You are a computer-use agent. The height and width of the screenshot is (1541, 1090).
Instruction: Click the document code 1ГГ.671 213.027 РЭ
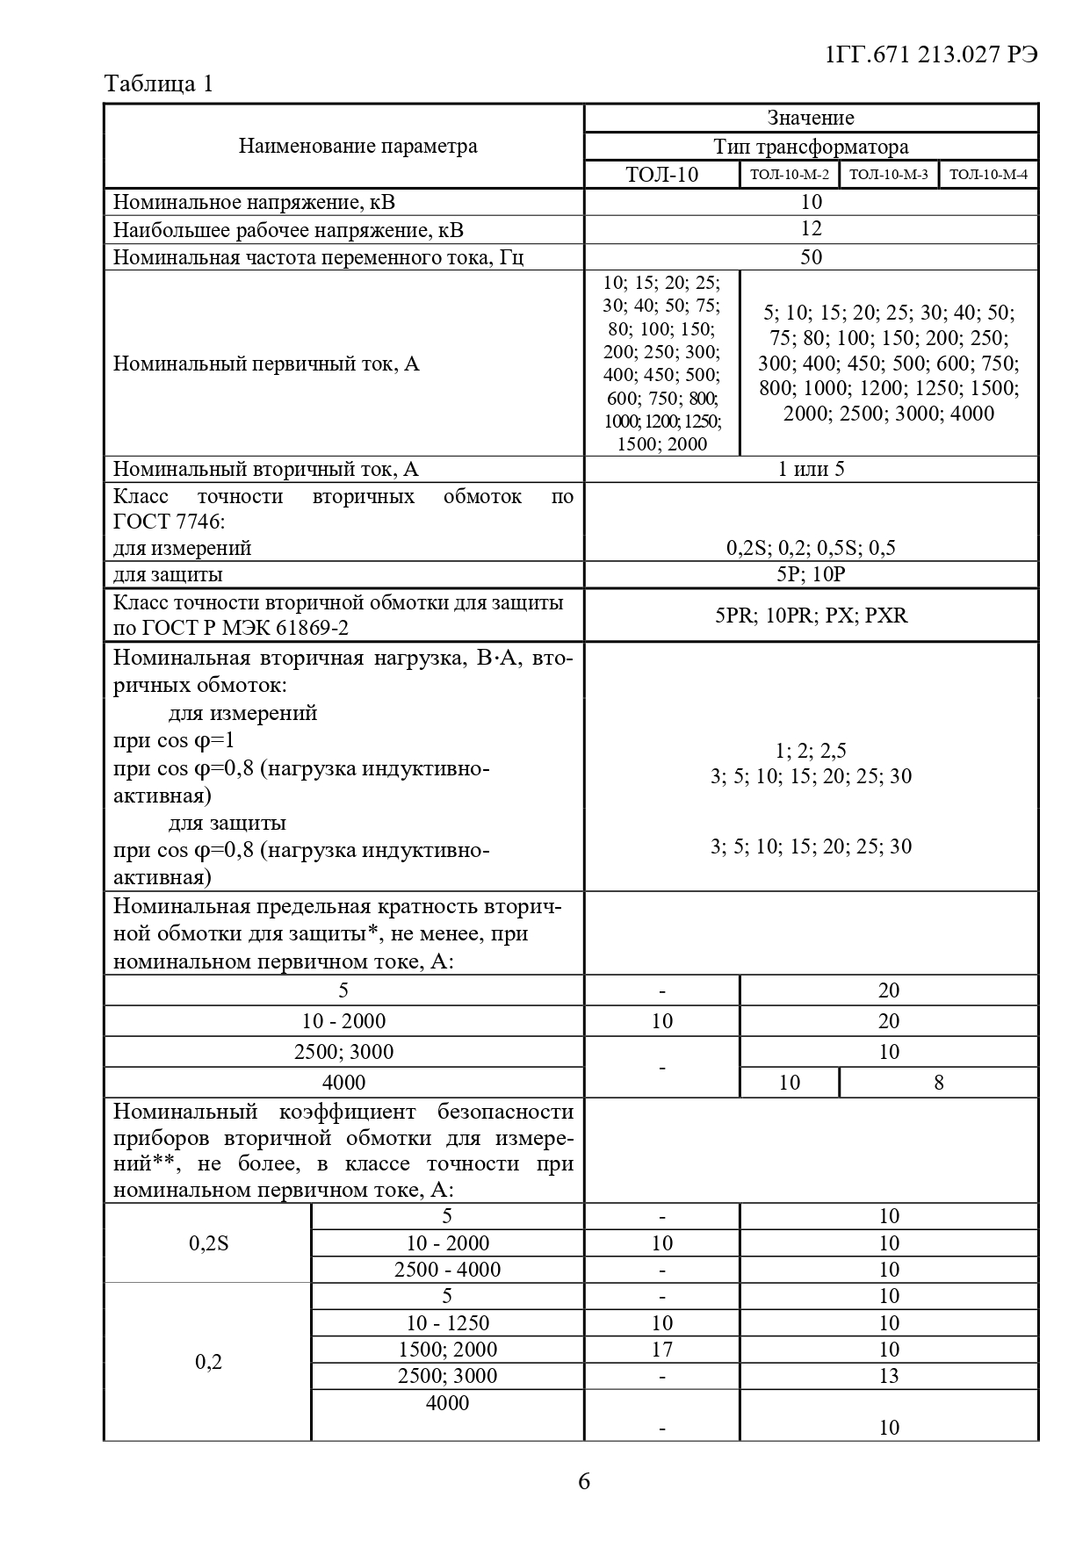[932, 54]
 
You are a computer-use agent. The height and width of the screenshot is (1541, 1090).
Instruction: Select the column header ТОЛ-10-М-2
[789, 174]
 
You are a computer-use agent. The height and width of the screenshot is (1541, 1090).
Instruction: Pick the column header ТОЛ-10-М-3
[888, 174]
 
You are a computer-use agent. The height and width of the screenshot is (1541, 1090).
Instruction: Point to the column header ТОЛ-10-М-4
[988, 174]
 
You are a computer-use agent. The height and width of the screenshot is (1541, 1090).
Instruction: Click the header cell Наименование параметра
[357, 146]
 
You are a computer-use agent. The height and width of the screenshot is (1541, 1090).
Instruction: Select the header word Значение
[810, 118]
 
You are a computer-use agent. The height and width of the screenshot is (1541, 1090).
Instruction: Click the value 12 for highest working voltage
[811, 229]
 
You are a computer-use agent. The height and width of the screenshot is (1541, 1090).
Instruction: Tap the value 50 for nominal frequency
[811, 257]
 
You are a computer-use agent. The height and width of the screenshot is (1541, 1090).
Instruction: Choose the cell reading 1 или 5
[811, 469]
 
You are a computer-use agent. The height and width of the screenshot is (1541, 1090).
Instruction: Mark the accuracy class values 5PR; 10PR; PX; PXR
[811, 615]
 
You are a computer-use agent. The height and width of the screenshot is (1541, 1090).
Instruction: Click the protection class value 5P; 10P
[811, 575]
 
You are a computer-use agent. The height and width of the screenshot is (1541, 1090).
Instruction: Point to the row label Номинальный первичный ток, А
[266, 364]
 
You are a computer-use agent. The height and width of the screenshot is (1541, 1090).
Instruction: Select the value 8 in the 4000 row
[938, 1083]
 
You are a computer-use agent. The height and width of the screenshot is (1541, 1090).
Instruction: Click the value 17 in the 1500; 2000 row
[661, 1350]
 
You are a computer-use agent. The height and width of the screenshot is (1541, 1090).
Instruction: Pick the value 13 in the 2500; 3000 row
[889, 1376]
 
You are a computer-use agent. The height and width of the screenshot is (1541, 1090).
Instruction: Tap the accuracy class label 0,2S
[208, 1243]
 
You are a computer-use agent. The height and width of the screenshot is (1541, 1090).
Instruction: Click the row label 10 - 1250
[447, 1323]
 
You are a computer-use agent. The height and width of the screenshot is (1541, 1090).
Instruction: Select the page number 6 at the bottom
[584, 1481]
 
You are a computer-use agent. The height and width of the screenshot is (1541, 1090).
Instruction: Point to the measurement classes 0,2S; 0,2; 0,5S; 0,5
[811, 548]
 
